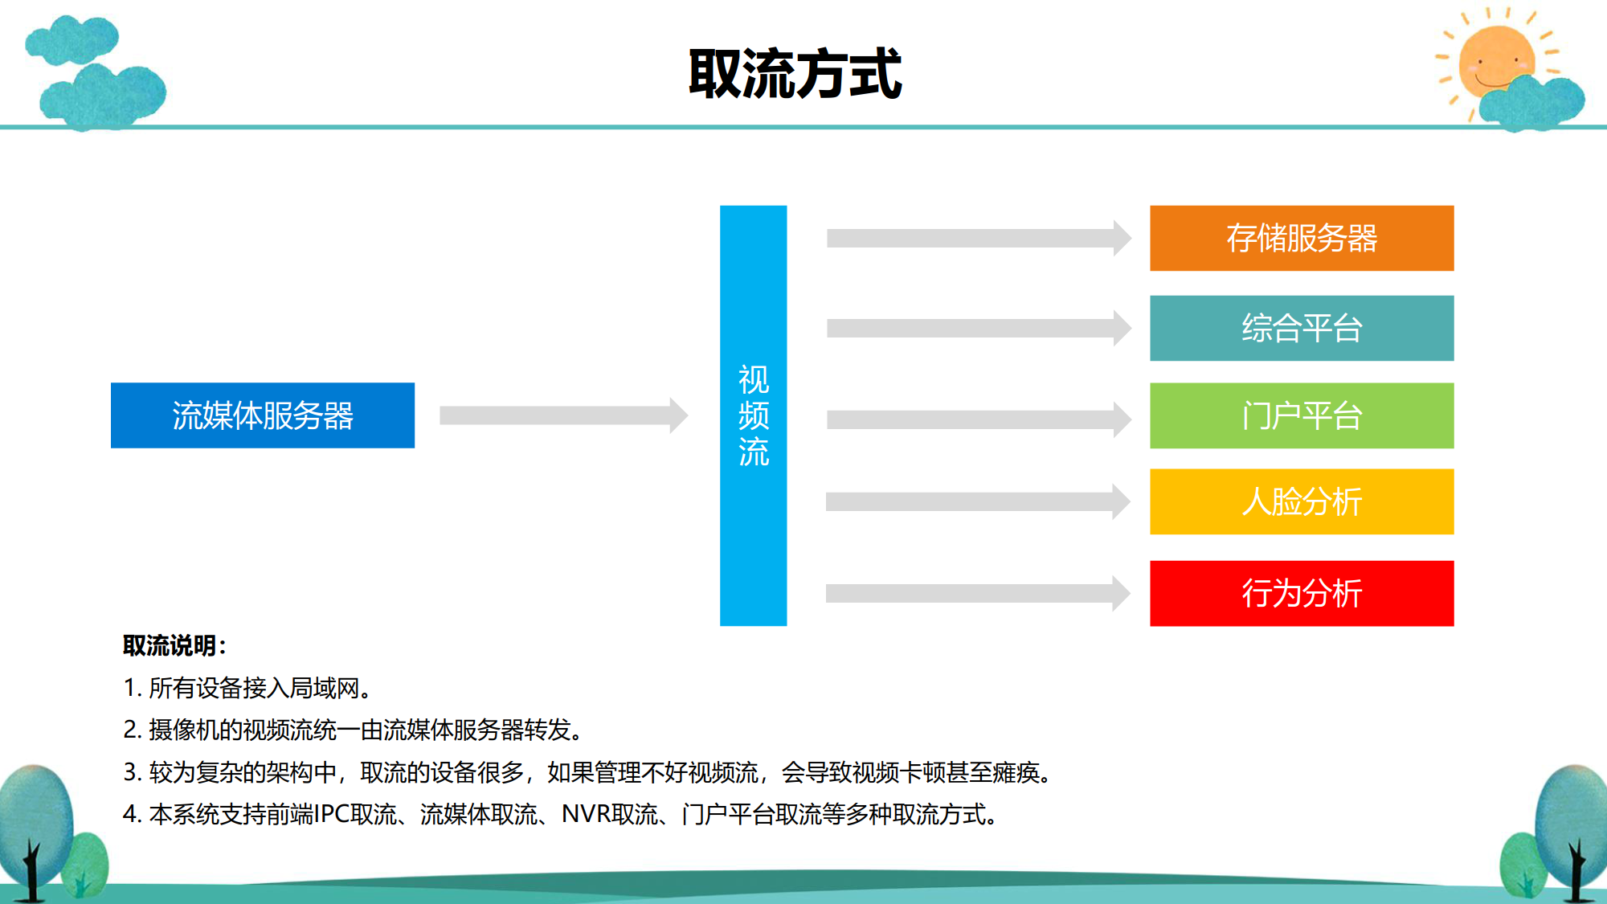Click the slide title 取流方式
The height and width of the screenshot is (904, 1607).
click(795, 73)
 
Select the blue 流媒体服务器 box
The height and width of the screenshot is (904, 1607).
click(263, 415)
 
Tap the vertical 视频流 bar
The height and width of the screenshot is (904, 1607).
click(753, 415)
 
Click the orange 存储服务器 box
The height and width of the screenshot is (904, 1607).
click(1302, 238)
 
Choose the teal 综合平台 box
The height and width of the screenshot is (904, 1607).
click(1302, 328)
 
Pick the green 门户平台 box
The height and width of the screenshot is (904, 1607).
click(1302, 415)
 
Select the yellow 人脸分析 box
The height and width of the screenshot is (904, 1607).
click(1302, 501)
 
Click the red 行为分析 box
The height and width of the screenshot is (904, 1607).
click(1302, 593)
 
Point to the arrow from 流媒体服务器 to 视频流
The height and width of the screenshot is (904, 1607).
click(564, 415)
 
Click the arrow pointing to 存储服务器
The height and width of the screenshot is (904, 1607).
click(979, 238)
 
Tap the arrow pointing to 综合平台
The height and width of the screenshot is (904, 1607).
click(979, 328)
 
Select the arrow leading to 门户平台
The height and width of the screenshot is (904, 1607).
click(979, 419)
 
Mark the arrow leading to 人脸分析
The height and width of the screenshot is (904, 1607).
click(979, 501)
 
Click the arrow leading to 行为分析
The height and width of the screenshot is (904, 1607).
click(979, 593)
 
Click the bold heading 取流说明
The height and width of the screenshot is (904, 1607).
click(170, 645)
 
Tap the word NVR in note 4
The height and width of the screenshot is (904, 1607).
click(586, 814)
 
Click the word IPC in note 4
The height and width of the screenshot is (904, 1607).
click(332, 814)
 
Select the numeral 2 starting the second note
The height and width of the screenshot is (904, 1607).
click(132, 730)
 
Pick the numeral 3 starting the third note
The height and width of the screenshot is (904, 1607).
click(132, 772)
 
